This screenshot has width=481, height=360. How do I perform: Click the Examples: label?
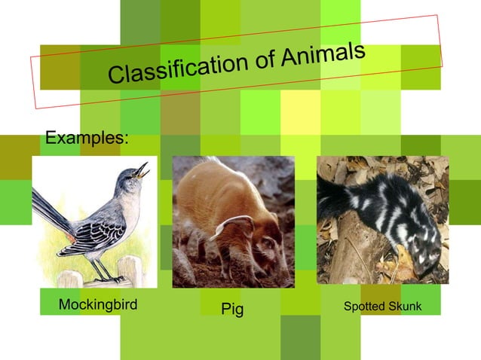87,139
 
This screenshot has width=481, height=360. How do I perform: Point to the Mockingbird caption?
98,305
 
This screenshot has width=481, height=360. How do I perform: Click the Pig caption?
232,310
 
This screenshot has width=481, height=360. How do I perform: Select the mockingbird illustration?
94,221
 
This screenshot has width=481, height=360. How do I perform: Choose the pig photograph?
234,221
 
